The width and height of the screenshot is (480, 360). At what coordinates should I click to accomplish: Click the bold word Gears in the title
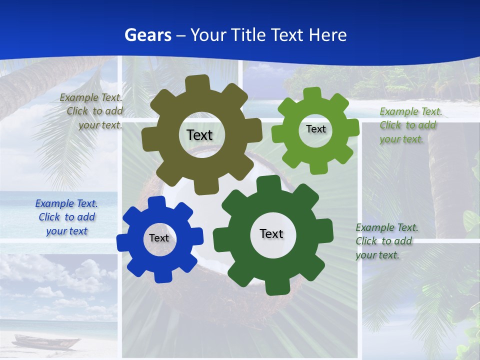[147, 35]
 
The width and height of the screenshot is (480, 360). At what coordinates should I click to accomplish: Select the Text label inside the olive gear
[199, 135]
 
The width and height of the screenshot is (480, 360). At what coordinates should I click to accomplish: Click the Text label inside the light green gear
[315, 129]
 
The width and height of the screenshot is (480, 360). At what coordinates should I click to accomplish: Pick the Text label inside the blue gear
[159, 238]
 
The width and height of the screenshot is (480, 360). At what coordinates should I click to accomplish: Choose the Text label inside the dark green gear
[271, 233]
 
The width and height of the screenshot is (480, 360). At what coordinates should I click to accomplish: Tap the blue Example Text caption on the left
[66, 217]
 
